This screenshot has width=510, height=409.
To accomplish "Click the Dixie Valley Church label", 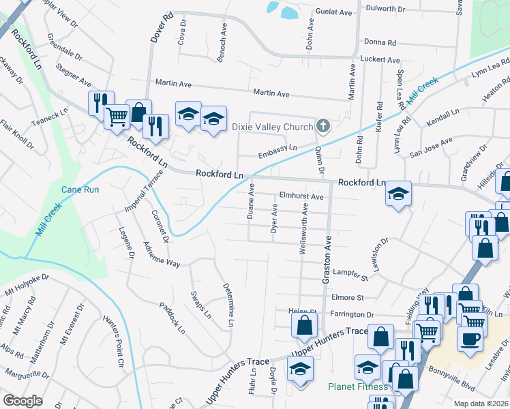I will pos(272,126).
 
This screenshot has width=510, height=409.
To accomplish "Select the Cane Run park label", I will pos(76,190).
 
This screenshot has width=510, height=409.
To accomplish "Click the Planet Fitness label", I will pos(358,387).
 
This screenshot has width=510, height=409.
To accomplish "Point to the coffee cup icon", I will pos(470,337).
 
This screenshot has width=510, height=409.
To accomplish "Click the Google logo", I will pos(22,400).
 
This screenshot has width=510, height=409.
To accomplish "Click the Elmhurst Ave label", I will pos(301,196).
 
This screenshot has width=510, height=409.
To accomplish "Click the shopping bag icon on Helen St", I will pos(304,325).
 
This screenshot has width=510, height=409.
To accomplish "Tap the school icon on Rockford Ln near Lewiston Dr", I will pos(399,194).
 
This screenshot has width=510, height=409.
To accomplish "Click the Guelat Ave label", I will pos(335,12).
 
